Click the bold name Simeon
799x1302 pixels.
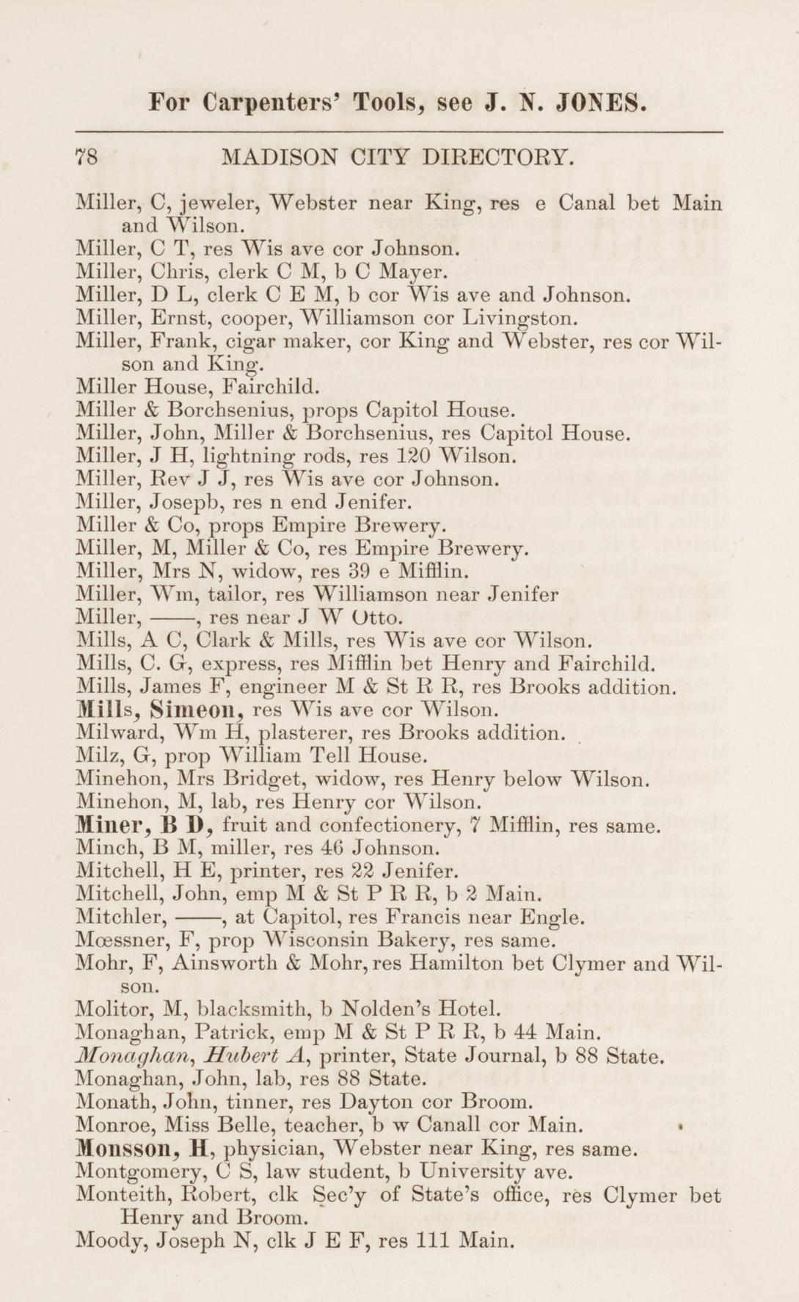[x=196, y=710]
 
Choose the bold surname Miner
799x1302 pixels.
[x=105, y=825]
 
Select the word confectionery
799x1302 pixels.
[x=388, y=826]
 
